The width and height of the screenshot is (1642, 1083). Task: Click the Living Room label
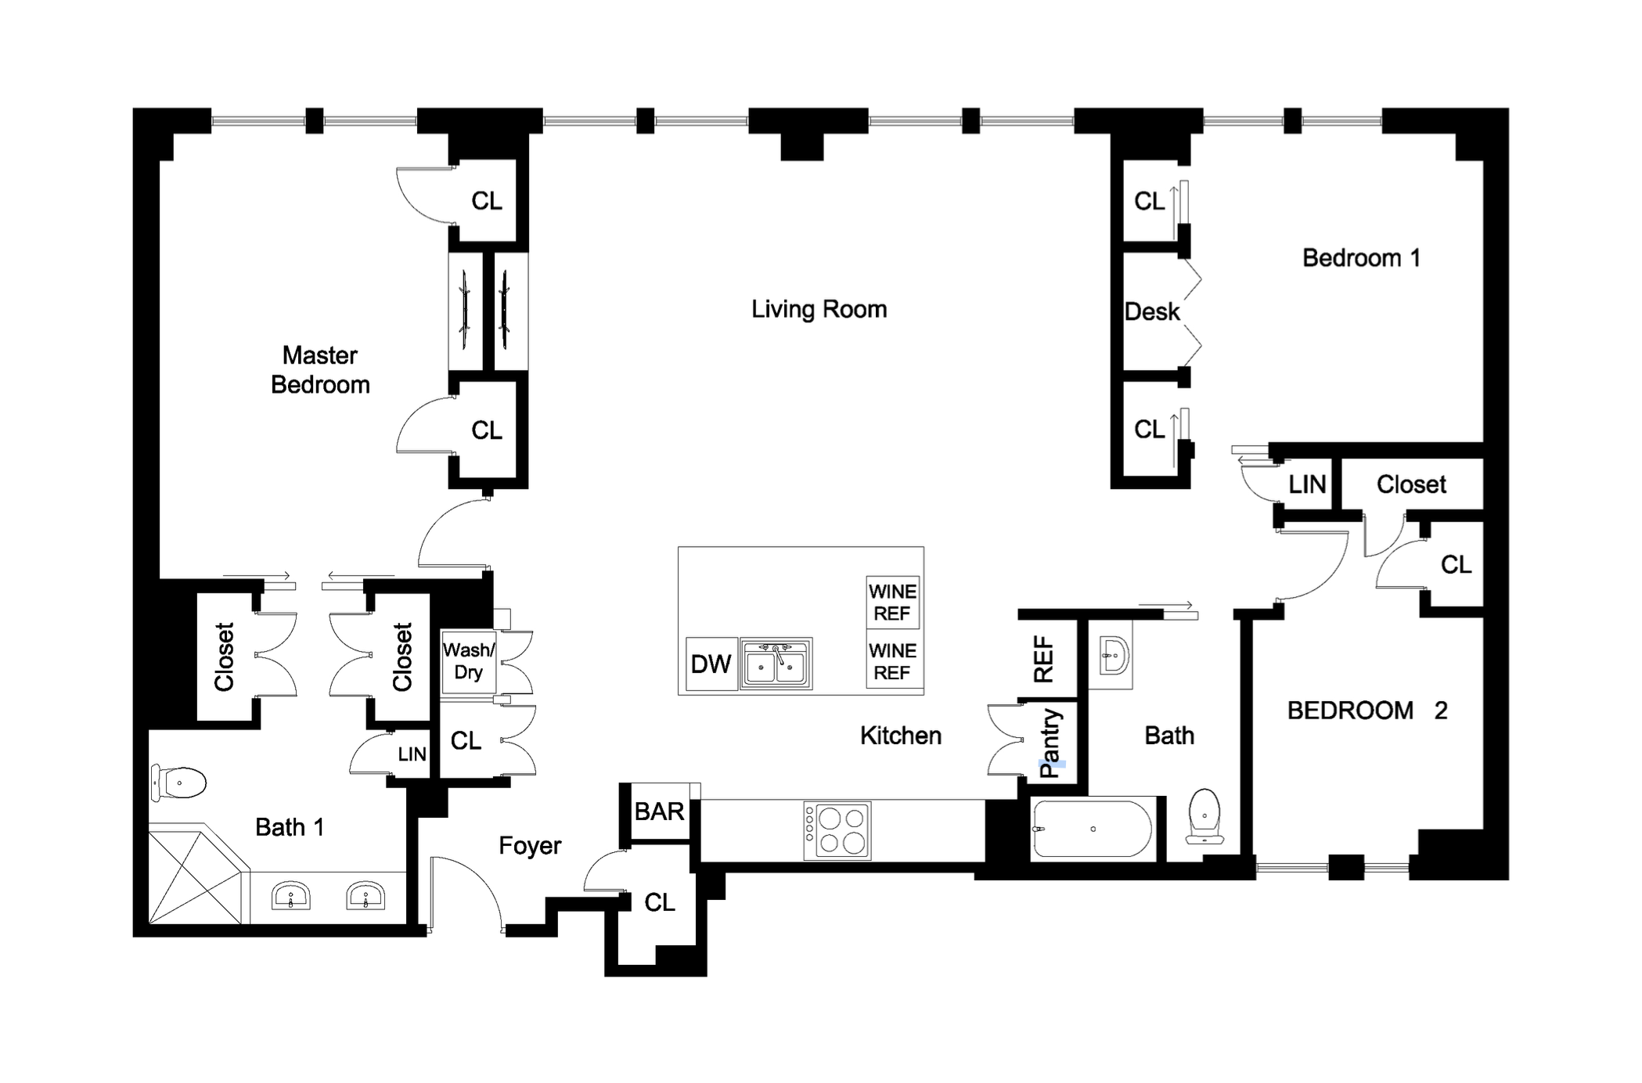click(x=819, y=309)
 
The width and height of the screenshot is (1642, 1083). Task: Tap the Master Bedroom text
click(x=320, y=370)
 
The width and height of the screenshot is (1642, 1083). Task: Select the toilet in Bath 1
click(x=179, y=782)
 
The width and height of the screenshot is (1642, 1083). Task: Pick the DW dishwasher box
click(x=711, y=664)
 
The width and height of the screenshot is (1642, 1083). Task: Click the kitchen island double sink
click(x=776, y=664)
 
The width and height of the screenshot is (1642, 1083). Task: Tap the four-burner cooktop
click(x=837, y=830)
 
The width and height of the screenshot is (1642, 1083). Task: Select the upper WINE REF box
click(x=892, y=603)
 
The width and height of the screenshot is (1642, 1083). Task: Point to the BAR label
click(x=659, y=811)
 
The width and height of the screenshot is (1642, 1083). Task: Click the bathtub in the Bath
click(x=1092, y=829)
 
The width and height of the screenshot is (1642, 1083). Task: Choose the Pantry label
click(x=1050, y=743)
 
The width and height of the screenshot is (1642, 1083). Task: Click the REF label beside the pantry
click(x=1044, y=659)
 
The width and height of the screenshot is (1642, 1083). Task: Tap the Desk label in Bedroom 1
click(x=1151, y=311)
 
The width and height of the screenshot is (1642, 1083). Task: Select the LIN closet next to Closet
click(x=1306, y=484)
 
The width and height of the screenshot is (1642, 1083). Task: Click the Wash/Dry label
click(x=468, y=661)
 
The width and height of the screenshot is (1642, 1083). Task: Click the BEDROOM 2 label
click(x=1367, y=711)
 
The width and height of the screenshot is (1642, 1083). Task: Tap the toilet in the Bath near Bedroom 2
click(x=1204, y=816)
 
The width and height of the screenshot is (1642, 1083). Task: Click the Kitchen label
click(x=900, y=736)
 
